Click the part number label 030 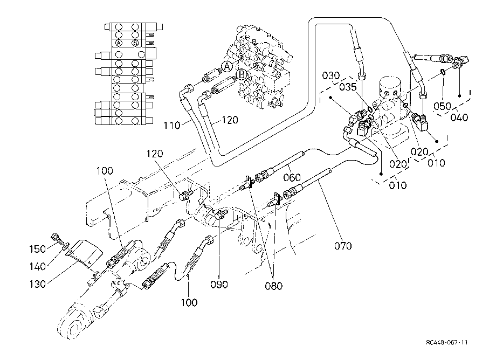tap(331, 75)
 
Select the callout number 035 tap(348, 87)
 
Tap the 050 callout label tap(442, 106)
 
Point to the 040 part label tap(459, 117)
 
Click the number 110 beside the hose tap(172, 126)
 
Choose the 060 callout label tap(292, 177)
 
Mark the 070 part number tap(343, 246)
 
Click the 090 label tap(219, 285)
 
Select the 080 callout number tap(274, 286)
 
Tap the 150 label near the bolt tap(38, 249)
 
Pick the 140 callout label tap(38, 267)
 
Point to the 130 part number tap(38, 284)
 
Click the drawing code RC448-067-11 tap(446, 342)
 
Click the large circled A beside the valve tap(227, 67)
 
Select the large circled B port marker tap(242, 75)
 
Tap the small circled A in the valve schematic tap(119, 43)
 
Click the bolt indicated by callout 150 tap(57, 238)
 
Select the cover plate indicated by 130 tap(85, 251)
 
